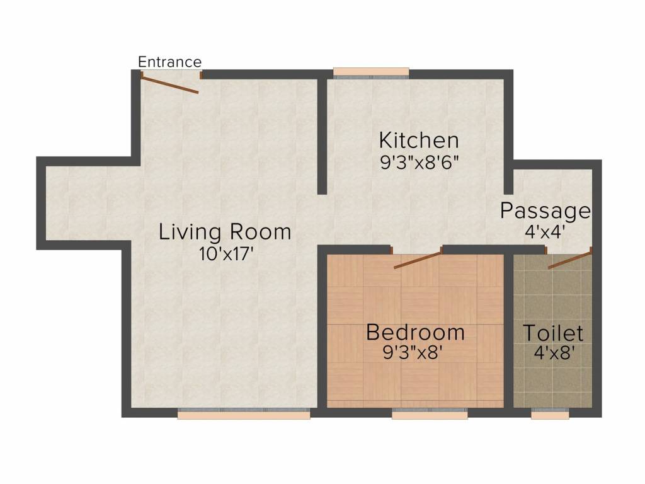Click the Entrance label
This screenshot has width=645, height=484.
tap(169, 62)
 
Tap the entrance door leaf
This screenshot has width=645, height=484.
tap(170, 84)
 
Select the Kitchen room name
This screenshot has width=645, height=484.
tap(419, 140)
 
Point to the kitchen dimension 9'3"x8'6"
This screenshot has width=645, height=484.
tap(419, 163)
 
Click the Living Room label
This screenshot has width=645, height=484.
tap(225, 231)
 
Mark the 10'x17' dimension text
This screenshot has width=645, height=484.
tap(225, 253)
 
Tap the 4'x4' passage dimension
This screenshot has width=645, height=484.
tap(544, 232)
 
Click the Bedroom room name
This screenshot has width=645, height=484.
tap(416, 332)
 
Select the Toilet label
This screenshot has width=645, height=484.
tap(553, 333)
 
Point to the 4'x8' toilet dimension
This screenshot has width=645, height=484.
tap(554, 352)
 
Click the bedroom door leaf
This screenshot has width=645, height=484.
tap(418, 259)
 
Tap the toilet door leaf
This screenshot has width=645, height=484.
tap(570, 260)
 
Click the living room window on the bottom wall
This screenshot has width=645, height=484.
tap(244, 413)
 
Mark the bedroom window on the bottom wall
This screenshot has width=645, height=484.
tap(430, 413)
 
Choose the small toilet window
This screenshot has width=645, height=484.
tap(550, 413)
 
